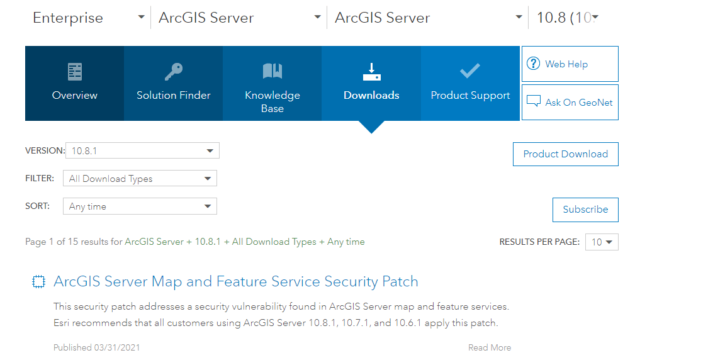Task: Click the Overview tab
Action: pos(74,83)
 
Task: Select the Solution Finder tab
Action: pos(174,83)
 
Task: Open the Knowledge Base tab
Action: pos(273,83)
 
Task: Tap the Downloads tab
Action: pos(371,83)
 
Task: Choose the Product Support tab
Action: pos(470,83)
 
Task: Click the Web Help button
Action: pos(570,64)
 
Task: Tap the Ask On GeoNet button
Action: pos(570,102)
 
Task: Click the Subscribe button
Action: pos(585,210)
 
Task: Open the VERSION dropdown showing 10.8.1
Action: pos(142,150)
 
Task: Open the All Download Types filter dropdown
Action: pos(140,178)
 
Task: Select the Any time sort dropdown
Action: pos(140,206)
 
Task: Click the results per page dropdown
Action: pos(602,242)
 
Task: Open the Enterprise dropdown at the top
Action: pos(89,18)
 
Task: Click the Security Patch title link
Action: pos(236,281)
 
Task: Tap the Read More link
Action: pos(490,347)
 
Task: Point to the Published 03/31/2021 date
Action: pos(97,347)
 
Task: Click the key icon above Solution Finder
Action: pos(174,71)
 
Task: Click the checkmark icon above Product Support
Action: pos(470,71)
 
